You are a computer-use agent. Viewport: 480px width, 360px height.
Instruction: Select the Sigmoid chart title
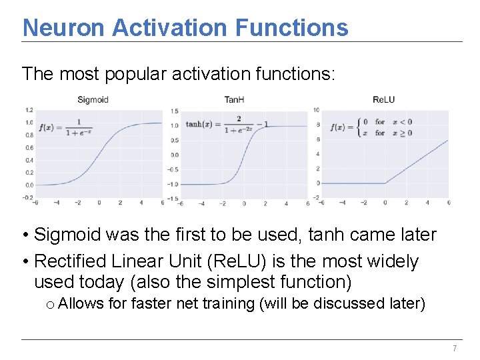93,100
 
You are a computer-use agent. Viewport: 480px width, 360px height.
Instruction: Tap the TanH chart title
234,100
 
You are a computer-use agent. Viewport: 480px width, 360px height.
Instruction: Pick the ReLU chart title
383,100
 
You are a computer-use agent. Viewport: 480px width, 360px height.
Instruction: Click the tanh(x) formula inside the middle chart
227,125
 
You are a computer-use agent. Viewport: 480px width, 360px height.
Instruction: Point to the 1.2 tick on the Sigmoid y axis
29,110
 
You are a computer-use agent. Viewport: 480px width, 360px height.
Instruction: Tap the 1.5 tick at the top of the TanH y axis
174,111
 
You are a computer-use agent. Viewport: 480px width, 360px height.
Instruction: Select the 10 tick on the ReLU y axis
315,110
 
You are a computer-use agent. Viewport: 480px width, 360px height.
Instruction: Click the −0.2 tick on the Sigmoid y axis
28,197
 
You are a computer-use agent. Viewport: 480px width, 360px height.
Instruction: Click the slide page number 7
455,349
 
